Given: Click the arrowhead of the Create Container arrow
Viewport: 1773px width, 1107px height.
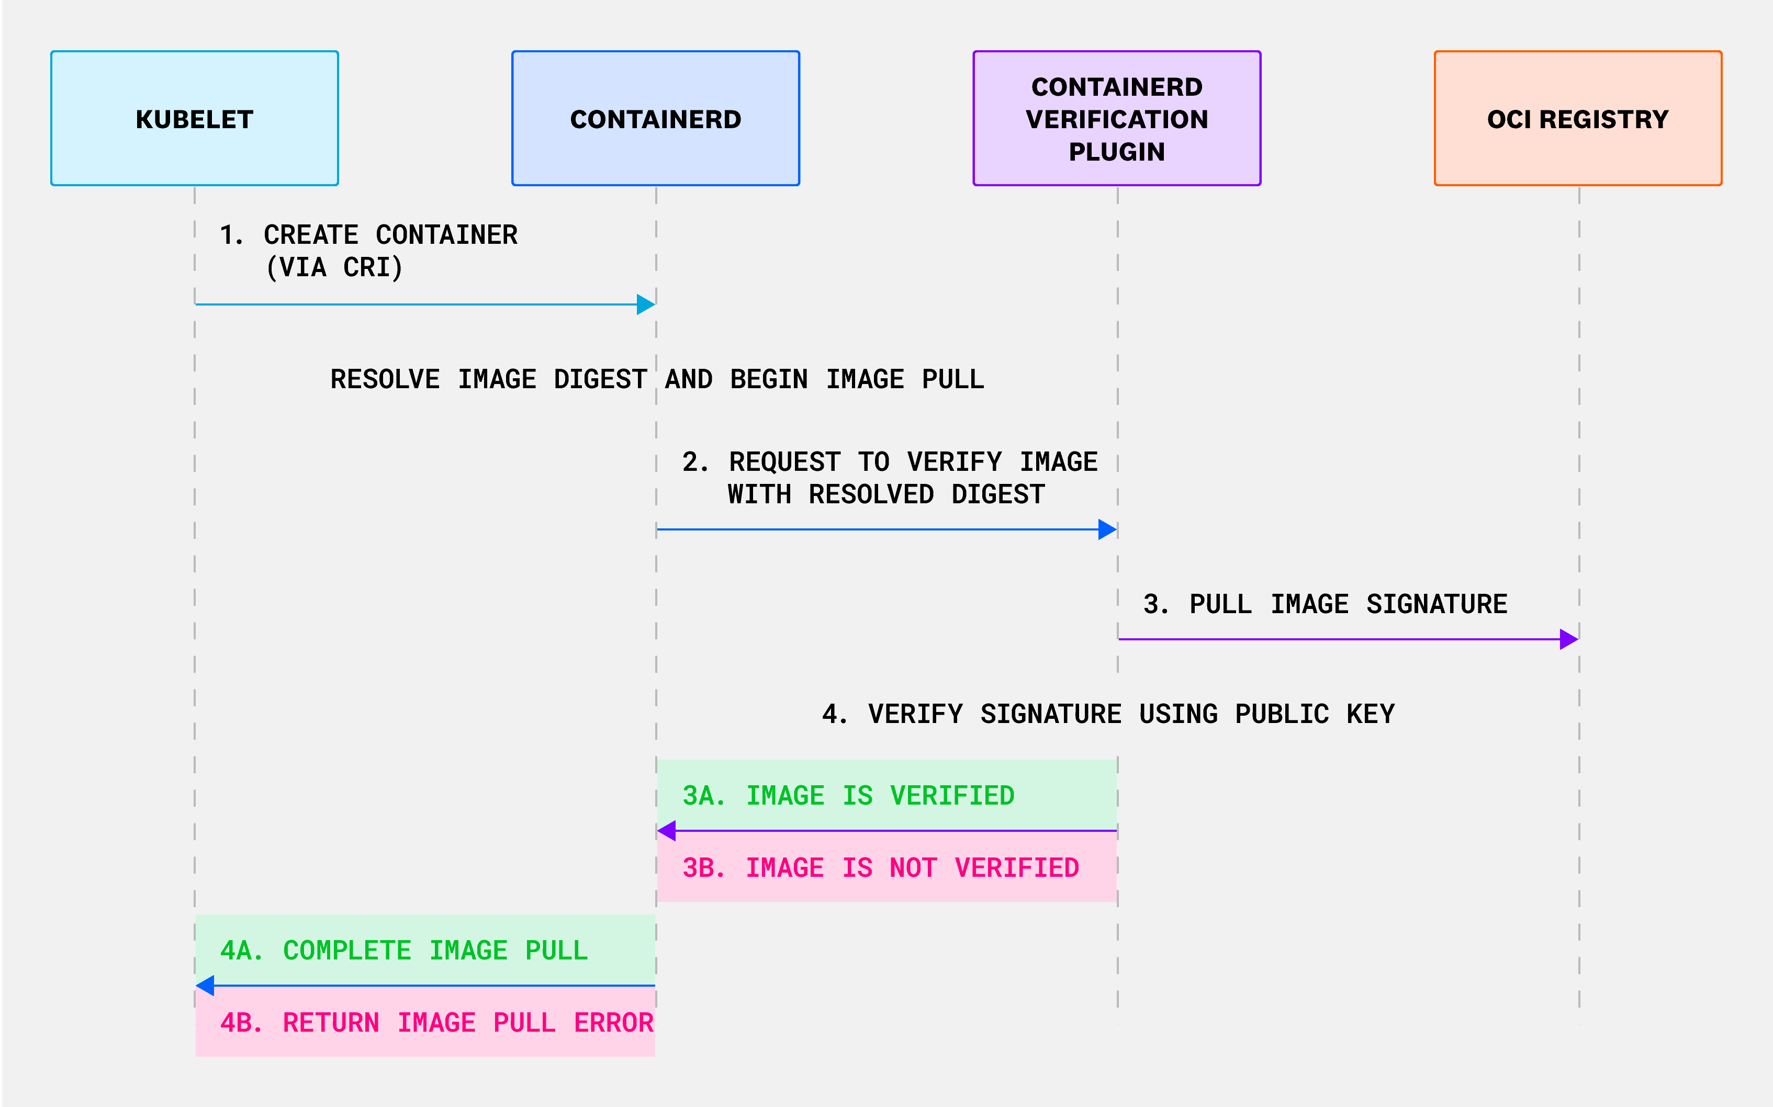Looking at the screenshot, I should click(x=645, y=304).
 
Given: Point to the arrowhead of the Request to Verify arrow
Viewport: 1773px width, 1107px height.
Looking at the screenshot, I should click(x=1107, y=529).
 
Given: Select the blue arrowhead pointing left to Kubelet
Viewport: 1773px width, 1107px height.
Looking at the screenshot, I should click(x=206, y=986).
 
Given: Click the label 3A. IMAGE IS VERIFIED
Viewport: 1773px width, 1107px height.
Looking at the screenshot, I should click(x=848, y=796).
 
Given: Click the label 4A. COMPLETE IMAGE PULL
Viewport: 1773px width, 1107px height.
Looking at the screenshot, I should click(x=403, y=951).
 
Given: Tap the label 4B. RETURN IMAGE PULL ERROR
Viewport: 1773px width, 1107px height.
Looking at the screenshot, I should click(x=436, y=1023).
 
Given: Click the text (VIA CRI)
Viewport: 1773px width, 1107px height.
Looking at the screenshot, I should click(x=334, y=267).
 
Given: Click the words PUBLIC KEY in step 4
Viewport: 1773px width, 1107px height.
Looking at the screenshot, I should click(x=1314, y=714).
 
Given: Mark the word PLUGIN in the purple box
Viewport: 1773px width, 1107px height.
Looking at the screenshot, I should click(x=1117, y=152).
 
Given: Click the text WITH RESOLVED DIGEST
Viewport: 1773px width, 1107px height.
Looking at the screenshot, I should click(x=885, y=494).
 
